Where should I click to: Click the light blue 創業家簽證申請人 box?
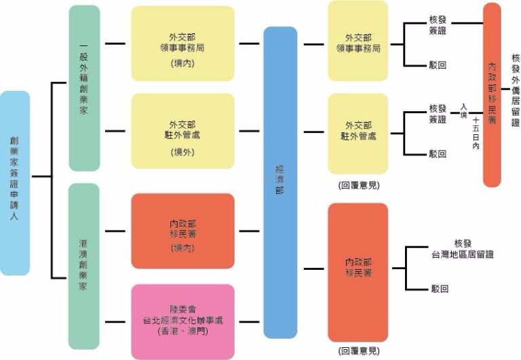pos(15,183)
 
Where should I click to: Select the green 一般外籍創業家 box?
pos(84,88)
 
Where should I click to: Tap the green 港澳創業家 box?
pos(84,266)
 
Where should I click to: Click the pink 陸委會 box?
pos(182,321)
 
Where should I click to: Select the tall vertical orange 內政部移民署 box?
pos(501,95)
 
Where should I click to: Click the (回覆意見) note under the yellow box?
pos(358,184)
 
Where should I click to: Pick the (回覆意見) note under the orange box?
pos(358,351)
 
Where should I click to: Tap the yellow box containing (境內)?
pos(182,43)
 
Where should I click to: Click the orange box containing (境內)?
pos(182,231)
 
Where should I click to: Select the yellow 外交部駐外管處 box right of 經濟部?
pos(358,132)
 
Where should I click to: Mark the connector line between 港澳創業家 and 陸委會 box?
pos(115,321)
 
